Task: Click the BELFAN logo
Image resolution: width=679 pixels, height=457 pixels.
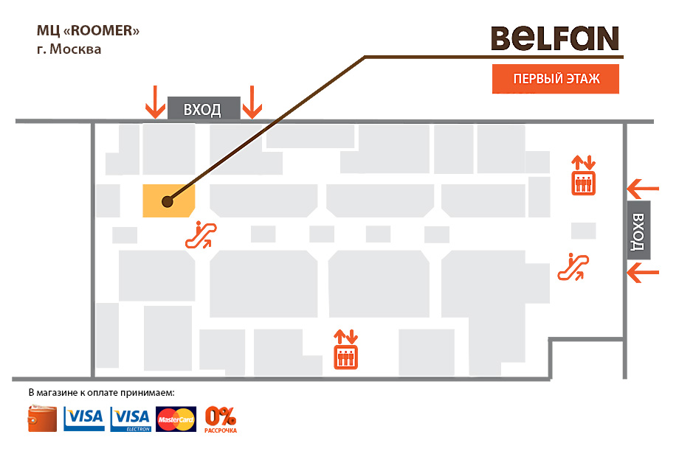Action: click(555, 38)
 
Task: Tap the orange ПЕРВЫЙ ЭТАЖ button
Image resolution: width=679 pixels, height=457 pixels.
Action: click(555, 79)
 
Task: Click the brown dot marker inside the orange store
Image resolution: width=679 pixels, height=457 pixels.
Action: click(167, 200)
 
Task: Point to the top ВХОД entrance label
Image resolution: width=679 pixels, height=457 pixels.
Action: click(203, 109)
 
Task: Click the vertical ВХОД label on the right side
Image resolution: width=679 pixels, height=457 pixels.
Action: click(638, 230)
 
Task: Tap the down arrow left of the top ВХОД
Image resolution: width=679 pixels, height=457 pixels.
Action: click(155, 102)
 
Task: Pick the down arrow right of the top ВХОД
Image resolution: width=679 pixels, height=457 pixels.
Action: click(252, 102)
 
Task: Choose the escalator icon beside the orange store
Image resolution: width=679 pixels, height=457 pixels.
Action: click(201, 234)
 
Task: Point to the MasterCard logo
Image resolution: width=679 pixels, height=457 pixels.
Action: click(176, 419)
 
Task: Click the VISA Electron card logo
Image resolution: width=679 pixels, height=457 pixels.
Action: click(131, 419)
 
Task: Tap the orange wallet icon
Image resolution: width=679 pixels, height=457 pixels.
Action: click(43, 419)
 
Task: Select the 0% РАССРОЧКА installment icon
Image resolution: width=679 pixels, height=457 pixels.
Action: click(221, 419)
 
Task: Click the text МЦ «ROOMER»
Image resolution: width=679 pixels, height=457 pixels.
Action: click(88, 32)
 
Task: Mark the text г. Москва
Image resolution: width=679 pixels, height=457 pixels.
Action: click(69, 49)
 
